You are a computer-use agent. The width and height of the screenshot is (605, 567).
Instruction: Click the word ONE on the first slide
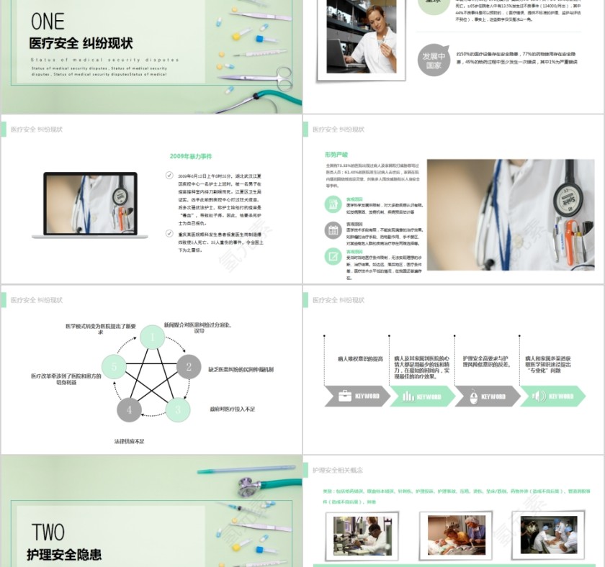point(48,21)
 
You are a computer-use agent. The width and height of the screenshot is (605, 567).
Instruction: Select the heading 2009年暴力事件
point(191,156)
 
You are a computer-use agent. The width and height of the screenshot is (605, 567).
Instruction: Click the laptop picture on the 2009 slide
point(95,204)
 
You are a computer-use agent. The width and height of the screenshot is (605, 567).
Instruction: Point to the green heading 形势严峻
point(336,155)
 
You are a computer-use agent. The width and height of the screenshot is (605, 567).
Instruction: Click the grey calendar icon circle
point(333,230)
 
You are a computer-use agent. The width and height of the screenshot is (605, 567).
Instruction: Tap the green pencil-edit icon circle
point(333,256)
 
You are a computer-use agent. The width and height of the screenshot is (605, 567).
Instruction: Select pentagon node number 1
point(152,337)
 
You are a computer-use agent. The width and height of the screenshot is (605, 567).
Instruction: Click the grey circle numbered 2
point(189,367)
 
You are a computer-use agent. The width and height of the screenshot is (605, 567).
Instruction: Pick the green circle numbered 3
point(177,409)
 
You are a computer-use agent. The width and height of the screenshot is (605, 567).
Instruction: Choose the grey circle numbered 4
point(129,409)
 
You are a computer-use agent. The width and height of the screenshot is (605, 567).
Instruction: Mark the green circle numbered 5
point(114,367)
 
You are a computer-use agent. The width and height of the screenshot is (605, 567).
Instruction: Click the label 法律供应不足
point(129,440)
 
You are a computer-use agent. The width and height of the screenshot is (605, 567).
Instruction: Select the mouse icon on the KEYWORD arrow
point(473,396)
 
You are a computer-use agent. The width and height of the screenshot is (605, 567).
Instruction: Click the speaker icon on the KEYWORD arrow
point(537,396)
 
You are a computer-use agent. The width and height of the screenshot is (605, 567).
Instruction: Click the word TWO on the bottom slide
point(48,532)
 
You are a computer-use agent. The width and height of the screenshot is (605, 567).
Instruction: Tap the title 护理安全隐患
point(64,554)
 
